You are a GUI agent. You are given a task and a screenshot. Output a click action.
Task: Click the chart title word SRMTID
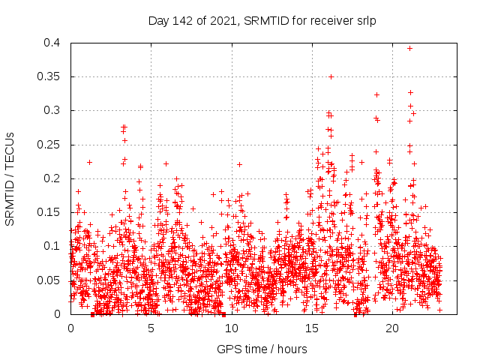[264, 21]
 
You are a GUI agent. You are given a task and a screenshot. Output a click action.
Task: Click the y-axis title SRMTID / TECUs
[10, 178]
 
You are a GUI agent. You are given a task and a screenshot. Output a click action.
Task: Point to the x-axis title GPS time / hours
[262, 349]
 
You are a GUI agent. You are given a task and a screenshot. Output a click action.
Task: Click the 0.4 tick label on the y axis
[53, 43]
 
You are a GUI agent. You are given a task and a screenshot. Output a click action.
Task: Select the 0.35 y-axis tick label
[50, 76]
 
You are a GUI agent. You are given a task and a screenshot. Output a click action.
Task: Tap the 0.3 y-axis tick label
[53, 110]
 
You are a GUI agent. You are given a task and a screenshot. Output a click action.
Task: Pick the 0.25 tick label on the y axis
[50, 145]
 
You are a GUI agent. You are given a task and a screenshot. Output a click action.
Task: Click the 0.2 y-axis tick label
[53, 178]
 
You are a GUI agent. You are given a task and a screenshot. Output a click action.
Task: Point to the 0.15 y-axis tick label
[50, 212]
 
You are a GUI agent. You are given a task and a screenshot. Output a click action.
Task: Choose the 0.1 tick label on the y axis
[53, 246]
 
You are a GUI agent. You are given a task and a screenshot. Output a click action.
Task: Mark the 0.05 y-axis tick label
[50, 280]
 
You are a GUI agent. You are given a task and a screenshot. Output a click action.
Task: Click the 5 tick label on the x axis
[151, 328]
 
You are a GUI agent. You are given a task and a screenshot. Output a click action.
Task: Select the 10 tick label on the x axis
[231, 328]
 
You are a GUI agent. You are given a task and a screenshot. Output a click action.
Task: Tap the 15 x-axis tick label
[311, 328]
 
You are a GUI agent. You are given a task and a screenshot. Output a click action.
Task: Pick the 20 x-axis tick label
[391, 328]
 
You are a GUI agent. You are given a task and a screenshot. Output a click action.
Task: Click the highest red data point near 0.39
[409, 48]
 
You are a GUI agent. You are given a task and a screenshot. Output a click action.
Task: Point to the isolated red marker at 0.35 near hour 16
[331, 76]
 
